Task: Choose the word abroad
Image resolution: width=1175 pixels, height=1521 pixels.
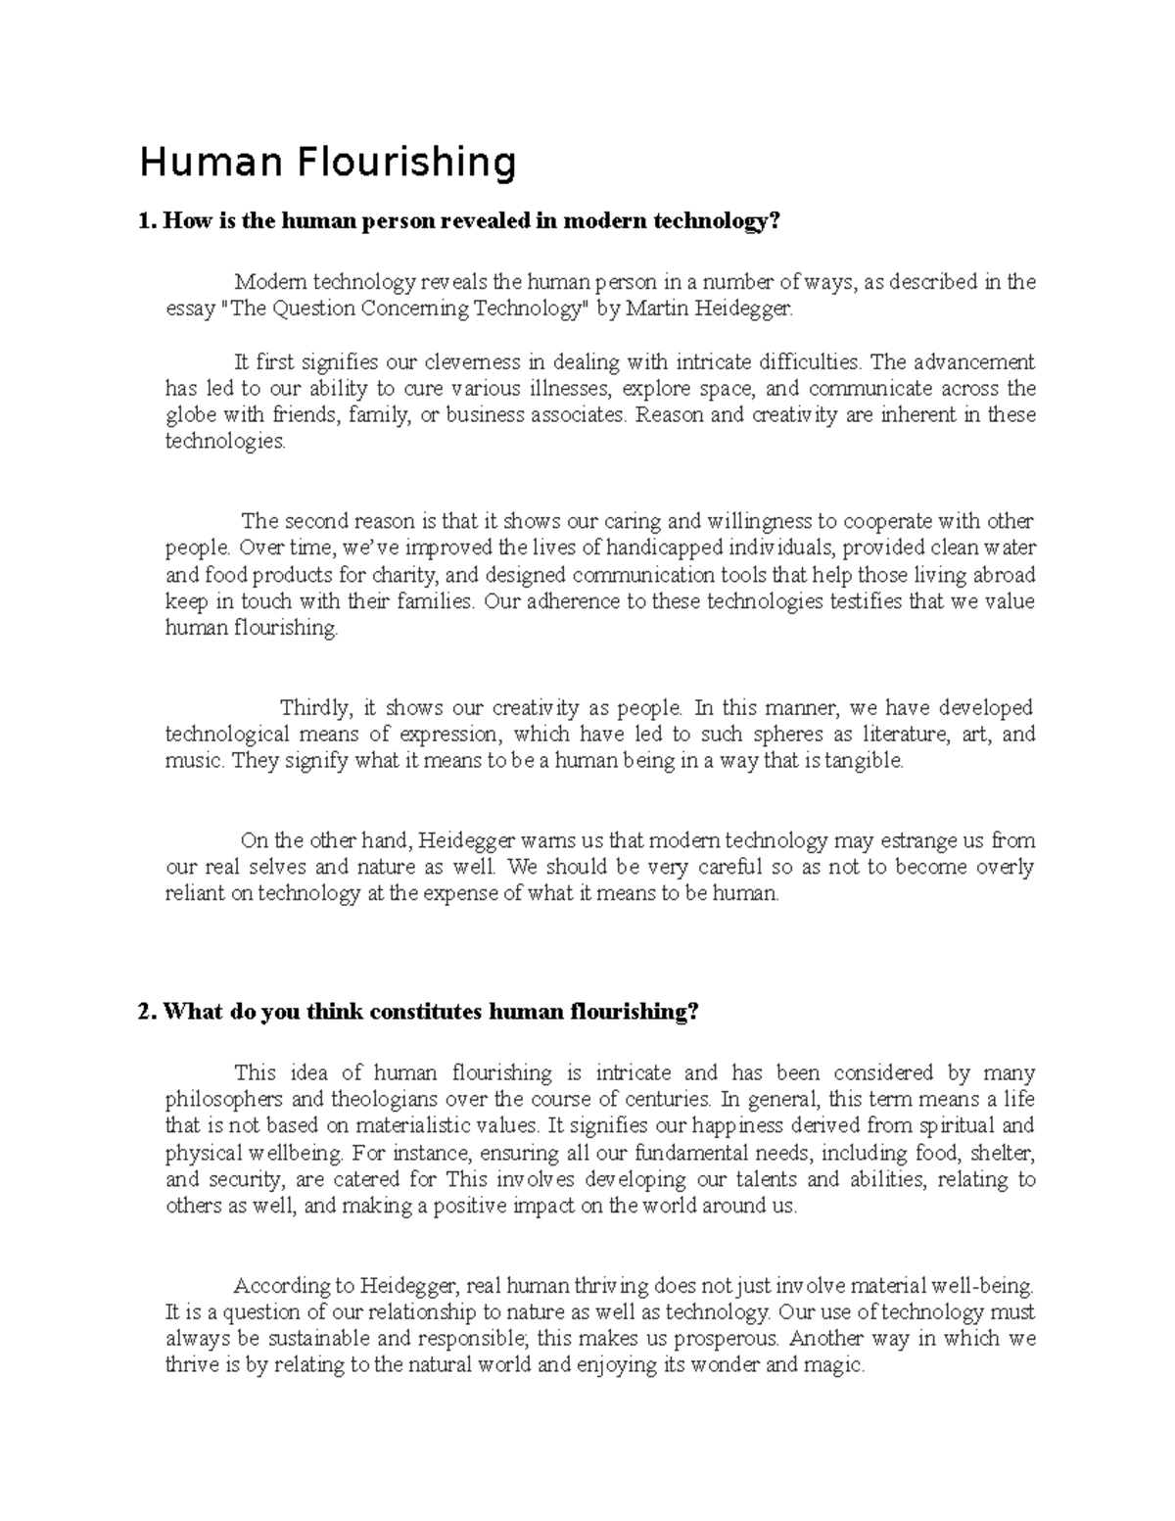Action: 1001,574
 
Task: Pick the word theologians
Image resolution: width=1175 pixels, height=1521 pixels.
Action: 386,1099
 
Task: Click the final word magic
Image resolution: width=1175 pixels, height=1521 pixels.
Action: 839,1365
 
